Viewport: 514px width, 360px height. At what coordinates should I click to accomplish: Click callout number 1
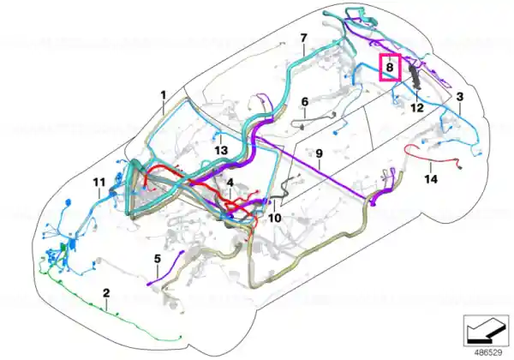pyautogui.click(x=164, y=95)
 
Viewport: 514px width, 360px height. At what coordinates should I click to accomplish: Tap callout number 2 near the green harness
pyautogui.click(x=106, y=293)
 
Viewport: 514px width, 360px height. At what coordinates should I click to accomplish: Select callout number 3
pyautogui.click(x=460, y=97)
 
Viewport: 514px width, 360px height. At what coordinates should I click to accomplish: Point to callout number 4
pyautogui.click(x=230, y=183)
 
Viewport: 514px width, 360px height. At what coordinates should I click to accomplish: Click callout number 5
pyautogui.click(x=158, y=259)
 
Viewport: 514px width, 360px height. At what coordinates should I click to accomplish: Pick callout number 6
pyautogui.click(x=305, y=102)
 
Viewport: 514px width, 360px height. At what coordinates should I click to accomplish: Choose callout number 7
pyautogui.click(x=304, y=38)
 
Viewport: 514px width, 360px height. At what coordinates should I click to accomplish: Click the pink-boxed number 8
pyautogui.click(x=390, y=68)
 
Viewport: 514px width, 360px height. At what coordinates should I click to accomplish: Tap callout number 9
pyautogui.click(x=319, y=153)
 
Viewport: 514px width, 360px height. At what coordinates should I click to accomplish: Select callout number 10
pyautogui.click(x=275, y=218)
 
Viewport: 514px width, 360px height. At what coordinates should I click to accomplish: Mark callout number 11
pyautogui.click(x=99, y=183)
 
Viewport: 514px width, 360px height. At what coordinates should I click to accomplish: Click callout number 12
pyautogui.click(x=417, y=107)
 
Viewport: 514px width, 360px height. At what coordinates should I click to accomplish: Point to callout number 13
pyautogui.click(x=221, y=151)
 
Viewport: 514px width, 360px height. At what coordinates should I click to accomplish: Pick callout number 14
pyautogui.click(x=431, y=179)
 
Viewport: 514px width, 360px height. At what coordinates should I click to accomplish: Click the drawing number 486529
pyautogui.click(x=488, y=352)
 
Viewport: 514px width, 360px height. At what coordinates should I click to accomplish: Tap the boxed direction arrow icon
pyautogui.click(x=487, y=331)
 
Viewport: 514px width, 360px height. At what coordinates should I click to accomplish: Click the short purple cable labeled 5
pyautogui.click(x=165, y=268)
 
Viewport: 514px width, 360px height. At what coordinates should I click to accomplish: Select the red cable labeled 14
pyautogui.click(x=433, y=157)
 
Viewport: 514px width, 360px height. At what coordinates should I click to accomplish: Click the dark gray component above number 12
pyautogui.click(x=415, y=77)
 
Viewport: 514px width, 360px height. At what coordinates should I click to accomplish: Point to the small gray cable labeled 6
pyautogui.click(x=314, y=119)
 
